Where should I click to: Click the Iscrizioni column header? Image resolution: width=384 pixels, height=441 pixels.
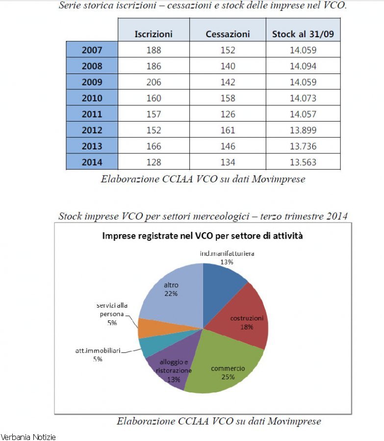click(x=154, y=34)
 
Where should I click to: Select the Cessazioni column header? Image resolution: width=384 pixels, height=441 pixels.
click(x=228, y=34)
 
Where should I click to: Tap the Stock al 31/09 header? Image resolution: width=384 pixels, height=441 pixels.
click(x=303, y=34)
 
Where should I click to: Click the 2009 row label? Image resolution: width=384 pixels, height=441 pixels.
click(x=92, y=82)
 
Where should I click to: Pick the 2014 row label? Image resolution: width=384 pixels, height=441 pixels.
click(x=92, y=162)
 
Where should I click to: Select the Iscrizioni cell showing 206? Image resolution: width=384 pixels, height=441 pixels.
click(x=154, y=82)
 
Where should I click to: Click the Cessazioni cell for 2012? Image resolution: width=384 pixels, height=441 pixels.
click(x=228, y=130)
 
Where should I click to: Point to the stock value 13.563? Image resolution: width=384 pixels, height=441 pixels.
click(x=303, y=162)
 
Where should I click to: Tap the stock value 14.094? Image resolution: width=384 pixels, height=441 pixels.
click(x=303, y=66)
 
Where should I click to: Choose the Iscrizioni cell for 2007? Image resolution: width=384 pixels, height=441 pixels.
click(x=154, y=50)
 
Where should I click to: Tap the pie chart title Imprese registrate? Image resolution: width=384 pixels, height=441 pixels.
click(x=202, y=236)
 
